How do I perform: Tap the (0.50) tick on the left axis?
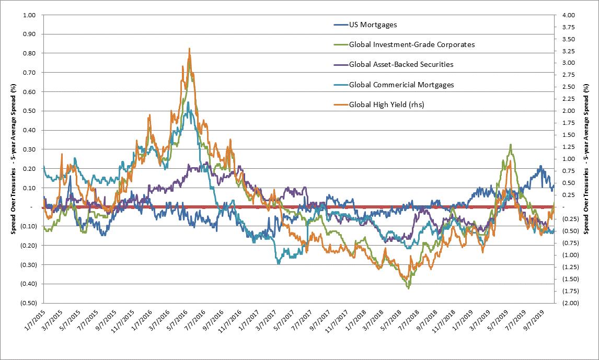pos(26,303)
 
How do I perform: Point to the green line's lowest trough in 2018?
pos(408,288)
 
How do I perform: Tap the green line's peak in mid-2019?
pos(510,145)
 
